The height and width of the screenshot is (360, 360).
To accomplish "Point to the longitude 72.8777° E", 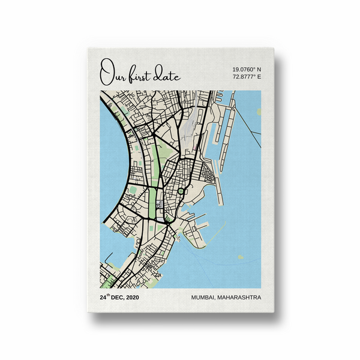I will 247,77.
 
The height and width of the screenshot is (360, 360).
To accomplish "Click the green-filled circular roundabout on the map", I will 180,191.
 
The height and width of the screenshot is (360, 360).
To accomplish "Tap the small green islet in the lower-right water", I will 240,257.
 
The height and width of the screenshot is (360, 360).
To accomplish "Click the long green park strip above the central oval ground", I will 158,160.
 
